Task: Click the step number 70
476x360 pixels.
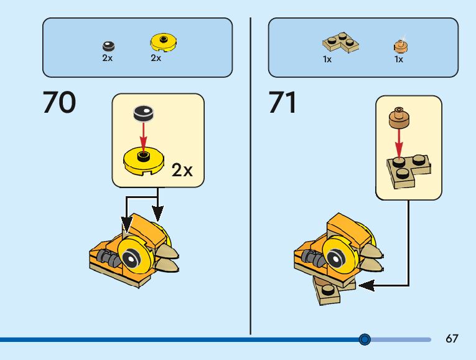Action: (x=59, y=103)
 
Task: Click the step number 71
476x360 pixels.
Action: (x=283, y=103)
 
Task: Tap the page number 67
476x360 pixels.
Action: (x=452, y=339)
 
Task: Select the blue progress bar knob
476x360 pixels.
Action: (x=365, y=339)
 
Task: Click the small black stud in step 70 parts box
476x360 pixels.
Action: (x=108, y=45)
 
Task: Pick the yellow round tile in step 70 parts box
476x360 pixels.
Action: (x=164, y=42)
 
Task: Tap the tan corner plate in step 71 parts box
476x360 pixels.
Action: (x=340, y=43)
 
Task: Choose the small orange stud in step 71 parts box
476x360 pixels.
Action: (x=400, y=45)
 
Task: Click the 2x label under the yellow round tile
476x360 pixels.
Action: (x=156, y=59)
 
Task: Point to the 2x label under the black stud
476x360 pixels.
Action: (x=108, y=59)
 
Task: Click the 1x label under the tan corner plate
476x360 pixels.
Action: (x=327, y=60)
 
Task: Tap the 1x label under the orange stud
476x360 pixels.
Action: (x=399, y=60)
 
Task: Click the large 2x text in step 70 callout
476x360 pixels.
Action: (x=182, y=170)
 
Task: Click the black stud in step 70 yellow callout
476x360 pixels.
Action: (x=144, y=113)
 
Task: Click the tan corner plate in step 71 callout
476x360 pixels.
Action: (x=410, y=169)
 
